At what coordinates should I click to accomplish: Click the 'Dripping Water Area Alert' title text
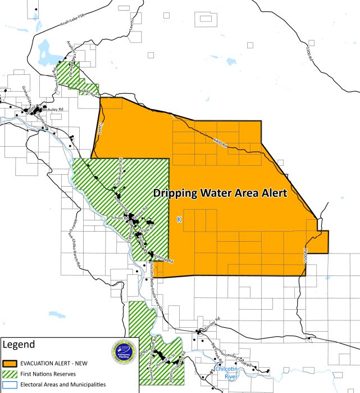coord(220,193)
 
